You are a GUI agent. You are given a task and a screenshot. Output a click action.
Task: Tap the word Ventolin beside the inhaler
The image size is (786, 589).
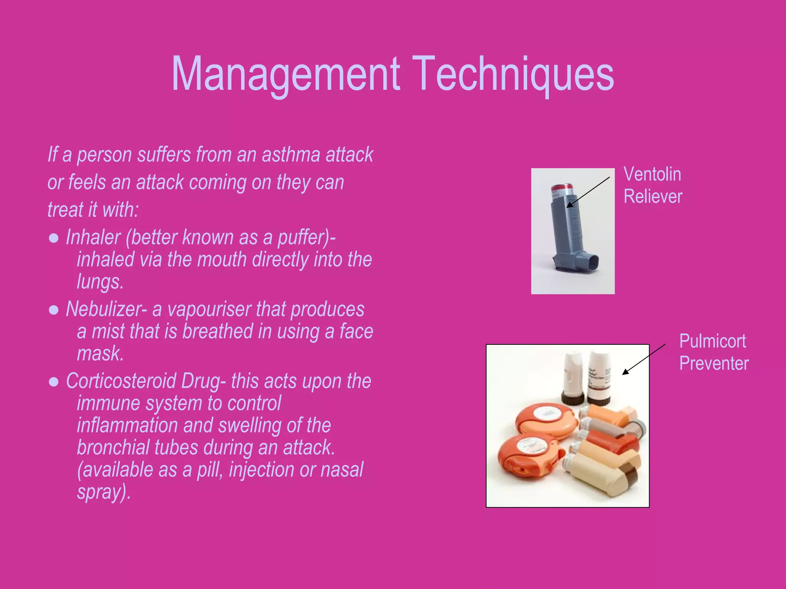pyautogui.click(x=652, y=174)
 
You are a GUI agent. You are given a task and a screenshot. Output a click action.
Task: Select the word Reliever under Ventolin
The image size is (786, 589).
pyautogui.click(x=653, y=197)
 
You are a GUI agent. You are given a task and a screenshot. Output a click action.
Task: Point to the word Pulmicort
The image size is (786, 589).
pyautogui.click(x=712, y=341)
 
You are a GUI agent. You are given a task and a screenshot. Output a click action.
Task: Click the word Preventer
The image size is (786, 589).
pyautogui.click(x=714, y=364)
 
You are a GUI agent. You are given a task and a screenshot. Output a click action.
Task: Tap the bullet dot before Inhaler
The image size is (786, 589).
pyautogui.click(x=54, y=239)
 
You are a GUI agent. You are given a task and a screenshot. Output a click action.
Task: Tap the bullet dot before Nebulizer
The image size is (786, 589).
pyautogui.click(x=54, y=310)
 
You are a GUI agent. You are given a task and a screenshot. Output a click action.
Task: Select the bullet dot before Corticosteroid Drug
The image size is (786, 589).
pyautogui.click(x=54, y=382)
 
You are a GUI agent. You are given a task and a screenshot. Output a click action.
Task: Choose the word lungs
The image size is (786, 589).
pyautogui.click(x=100, y=282)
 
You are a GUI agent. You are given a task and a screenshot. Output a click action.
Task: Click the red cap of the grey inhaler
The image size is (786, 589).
pyautogui.click(x=562, y=189)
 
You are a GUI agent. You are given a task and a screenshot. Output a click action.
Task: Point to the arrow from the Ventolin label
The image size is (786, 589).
pyautogui.click(x=588, y=192)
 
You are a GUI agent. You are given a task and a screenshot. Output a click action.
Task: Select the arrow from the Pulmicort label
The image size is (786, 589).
pyautogui.click(x=644, y=359)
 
